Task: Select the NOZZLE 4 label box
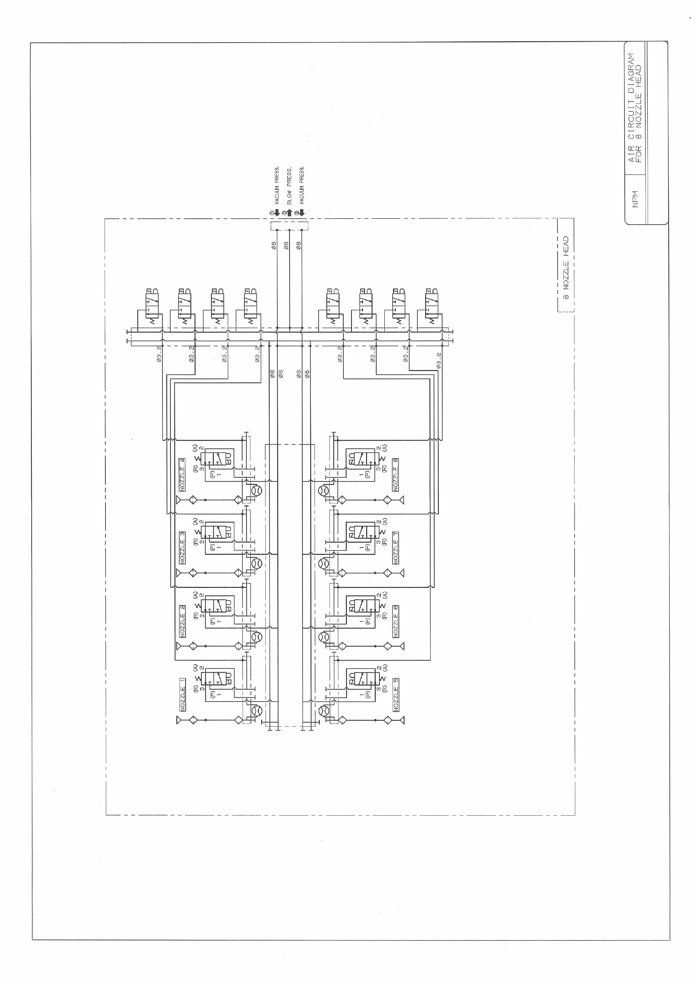[x=183, y=475]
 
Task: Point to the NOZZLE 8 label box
[x=396, y=475]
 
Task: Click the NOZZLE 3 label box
[x=183, y=548]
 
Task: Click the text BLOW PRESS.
[x=289, y=186]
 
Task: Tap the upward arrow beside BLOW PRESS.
[x=289, y=212]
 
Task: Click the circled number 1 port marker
[x=271, y=213]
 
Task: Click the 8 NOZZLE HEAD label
[x=566, y=268]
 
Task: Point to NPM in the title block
[x=636, y=199]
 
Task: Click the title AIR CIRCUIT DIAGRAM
[x=631, y=107]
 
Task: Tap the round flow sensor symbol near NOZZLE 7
[x=324, y=563]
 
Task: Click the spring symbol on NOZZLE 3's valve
[x=198, y=534]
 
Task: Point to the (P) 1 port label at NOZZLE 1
[x=215, y=692]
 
